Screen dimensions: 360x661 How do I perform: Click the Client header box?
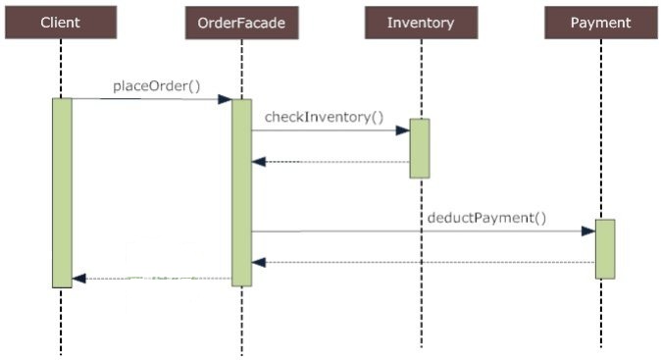pyautogui.click(x=60, y=23)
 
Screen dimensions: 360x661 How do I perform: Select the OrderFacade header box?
pyautogui.click(x=240, y=23)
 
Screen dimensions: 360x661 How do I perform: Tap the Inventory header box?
pyautogui.click(x=421, y=23)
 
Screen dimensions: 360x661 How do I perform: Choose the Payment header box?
pyautogui.click(x=600, y=23)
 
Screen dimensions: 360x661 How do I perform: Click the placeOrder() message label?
pyautogui.click(x=156, y=85)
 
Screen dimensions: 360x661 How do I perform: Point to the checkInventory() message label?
pyautogui.click(x=324, y=117)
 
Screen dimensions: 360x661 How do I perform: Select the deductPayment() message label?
pyautogui.click(x=486, y=217)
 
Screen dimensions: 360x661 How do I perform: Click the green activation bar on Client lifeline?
pyautogui.click(x=62, y=192)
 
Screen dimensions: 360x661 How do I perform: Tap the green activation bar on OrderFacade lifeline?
pyautogui.click(x=241, y=192)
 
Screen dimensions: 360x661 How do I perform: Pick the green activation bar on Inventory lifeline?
pyautogui.click(x=420, y=148)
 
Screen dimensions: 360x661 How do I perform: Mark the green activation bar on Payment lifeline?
pyautogui.click(x=604, y=248)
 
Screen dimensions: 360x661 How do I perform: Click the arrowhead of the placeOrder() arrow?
pyautogui.click(x=225, y=99)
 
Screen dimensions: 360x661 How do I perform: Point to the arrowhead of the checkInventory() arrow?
pyautogui.click(x=402, y=130)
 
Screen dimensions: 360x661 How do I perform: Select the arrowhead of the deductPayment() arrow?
pyautogui.click(x=587, y=231)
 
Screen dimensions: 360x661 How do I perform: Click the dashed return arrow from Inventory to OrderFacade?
pyautogui.click(x=333, y=162)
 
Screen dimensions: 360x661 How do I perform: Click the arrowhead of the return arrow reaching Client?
pyautogui.click(x=79, y=279)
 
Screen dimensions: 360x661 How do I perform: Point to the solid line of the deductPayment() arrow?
pyautogui.click(x=412, y=231)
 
